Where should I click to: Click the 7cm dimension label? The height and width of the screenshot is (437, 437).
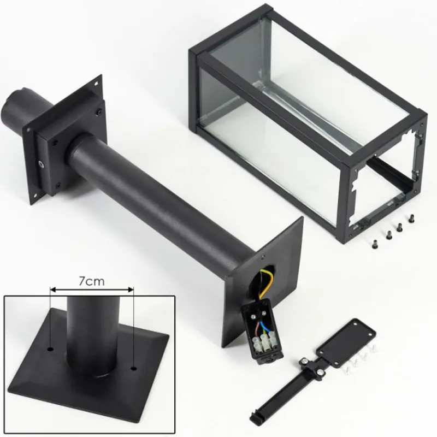click(x=91, y=281)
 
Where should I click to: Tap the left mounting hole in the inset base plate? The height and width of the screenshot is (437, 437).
click(x=50, y=349)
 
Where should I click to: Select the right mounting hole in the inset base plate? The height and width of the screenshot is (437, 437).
click(x=134, y=369)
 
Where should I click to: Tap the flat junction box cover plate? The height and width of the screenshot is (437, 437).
click(x=346, y=345)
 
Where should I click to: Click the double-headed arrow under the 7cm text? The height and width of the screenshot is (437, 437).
click(x=91, y=290)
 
